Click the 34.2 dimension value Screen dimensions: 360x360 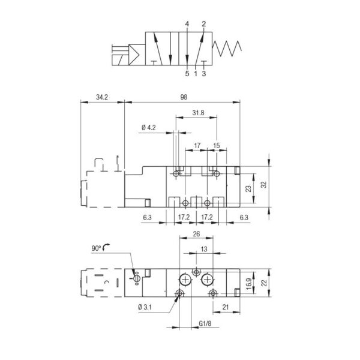tap(102, 97)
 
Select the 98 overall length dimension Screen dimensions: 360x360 tap(184, 97)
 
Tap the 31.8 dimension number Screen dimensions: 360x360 tap(198, 113)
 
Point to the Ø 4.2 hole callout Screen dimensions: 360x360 tap(149, 128)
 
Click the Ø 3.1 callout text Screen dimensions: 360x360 tap(145, 307)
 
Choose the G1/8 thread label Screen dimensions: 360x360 tap(205, 324)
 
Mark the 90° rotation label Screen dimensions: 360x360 tap(96, 248)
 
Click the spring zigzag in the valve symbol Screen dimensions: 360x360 tap(227, 49)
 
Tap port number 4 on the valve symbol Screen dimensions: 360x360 tap(187, 24)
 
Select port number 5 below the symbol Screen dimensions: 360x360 tap(187, 74)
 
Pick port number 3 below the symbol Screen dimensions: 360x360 tap(204, 74)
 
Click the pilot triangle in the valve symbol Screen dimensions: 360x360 tap(134, 55)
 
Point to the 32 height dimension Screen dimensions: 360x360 tap(264, 185)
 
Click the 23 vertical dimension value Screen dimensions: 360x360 tap(248, 189)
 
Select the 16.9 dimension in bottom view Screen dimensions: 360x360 tap(249, 284)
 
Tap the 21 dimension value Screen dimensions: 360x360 tap(226, 307)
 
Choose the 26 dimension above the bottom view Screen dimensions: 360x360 tap(197, 234)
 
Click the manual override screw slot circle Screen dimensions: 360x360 tap(137, 278)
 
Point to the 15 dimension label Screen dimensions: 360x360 tap(217, 146)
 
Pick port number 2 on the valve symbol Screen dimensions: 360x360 tap(204, 24)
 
